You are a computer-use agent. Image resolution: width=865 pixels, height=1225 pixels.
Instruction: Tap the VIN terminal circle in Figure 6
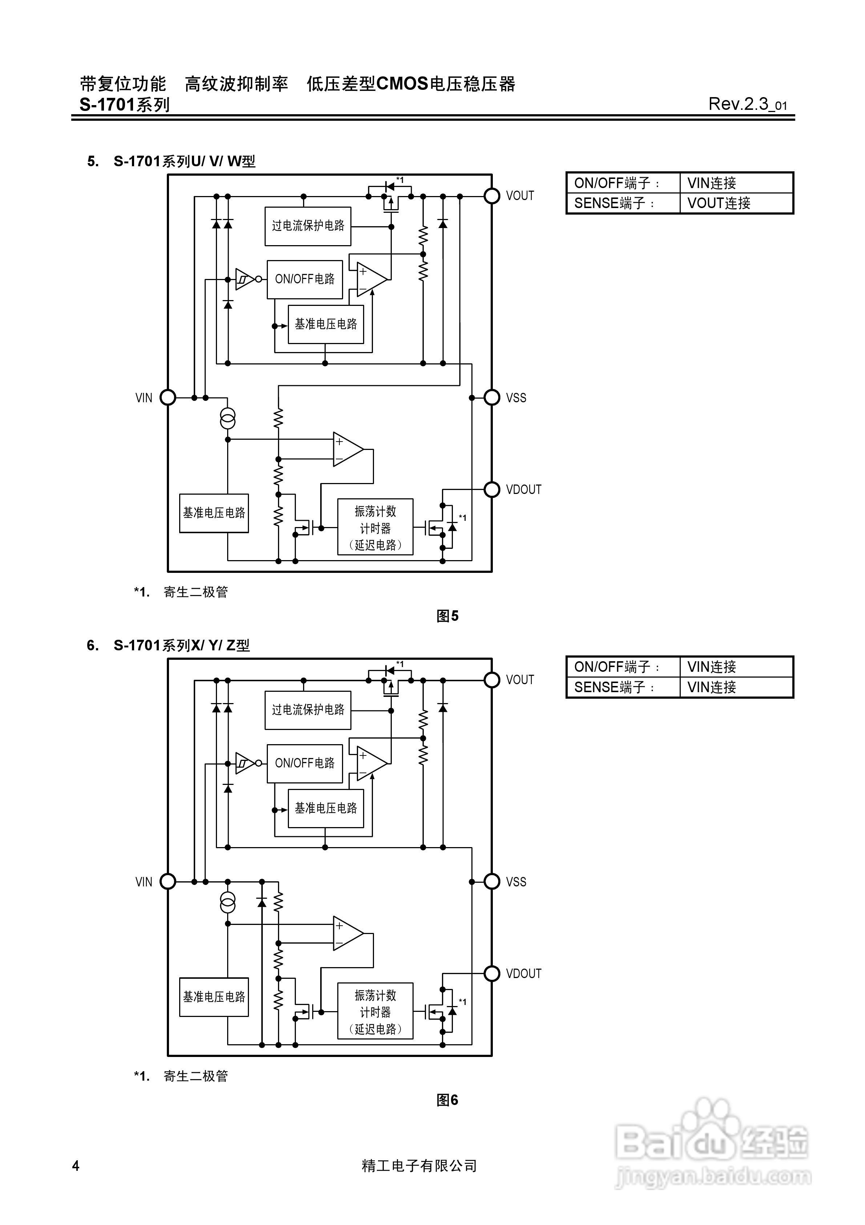click(168, 881)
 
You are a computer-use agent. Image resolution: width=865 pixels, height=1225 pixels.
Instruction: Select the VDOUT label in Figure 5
click(523, 489)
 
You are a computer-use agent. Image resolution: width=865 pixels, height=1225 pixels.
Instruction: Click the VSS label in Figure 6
click(516, 881)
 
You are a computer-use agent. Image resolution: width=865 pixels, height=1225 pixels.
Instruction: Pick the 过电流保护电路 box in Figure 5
click(308, 226)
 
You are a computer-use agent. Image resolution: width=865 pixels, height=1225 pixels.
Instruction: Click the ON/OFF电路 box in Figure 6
click(305, 763)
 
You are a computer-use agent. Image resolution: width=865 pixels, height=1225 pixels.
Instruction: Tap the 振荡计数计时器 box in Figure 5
click(375, 527)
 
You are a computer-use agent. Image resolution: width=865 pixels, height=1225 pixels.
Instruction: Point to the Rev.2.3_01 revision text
click(747, 104)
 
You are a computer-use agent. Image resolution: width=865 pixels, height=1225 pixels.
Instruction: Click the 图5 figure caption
click(447, 616)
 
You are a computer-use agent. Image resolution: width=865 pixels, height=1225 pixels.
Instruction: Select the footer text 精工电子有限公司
click(419, 1166)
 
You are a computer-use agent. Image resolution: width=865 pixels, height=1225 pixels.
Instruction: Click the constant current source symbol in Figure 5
click(228, 419)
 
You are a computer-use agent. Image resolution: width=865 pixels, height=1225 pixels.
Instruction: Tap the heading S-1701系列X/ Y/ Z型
click(181, 646)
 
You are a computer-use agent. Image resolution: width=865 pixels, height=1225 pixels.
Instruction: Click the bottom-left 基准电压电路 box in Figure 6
click(214, 997)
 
